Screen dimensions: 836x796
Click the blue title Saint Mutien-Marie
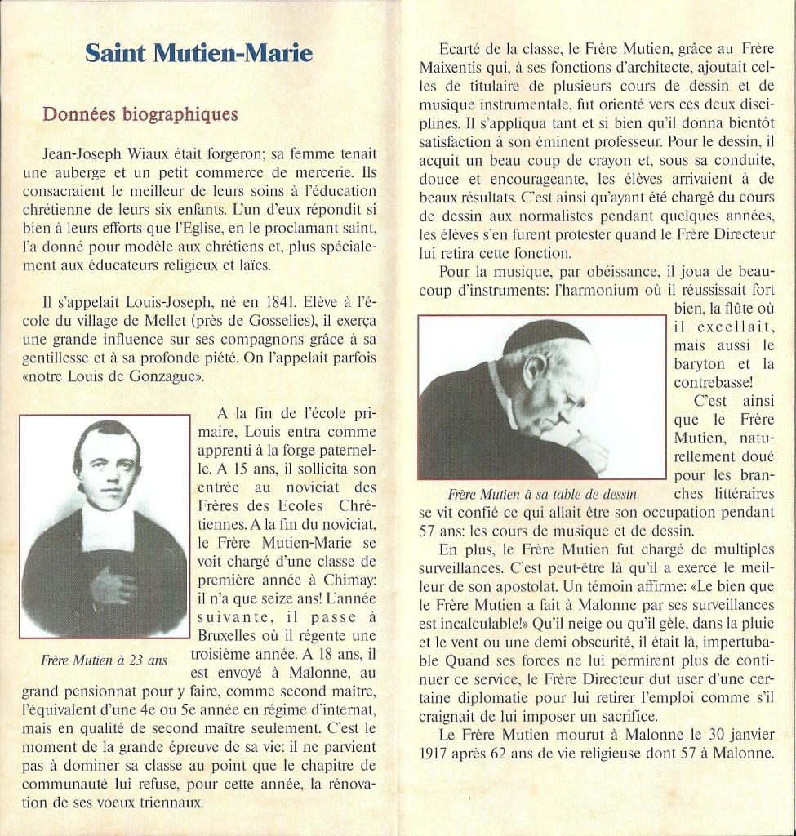pyautogui.click(x=198, y=55)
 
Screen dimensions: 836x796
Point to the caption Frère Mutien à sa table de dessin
pyautogui.click(x=542, y=495)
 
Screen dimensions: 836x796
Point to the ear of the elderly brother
pyautogui.click(x=536, y=371)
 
